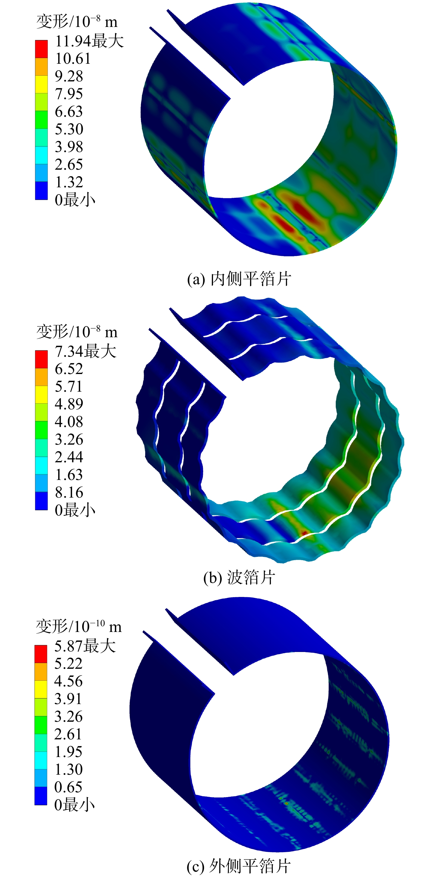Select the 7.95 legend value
[69, 94]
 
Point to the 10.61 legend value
[73, 59]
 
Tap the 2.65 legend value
[69, 165]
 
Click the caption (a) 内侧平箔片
[239, 279]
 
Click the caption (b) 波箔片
[239, 578]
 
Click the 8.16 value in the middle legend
[69, 492]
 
